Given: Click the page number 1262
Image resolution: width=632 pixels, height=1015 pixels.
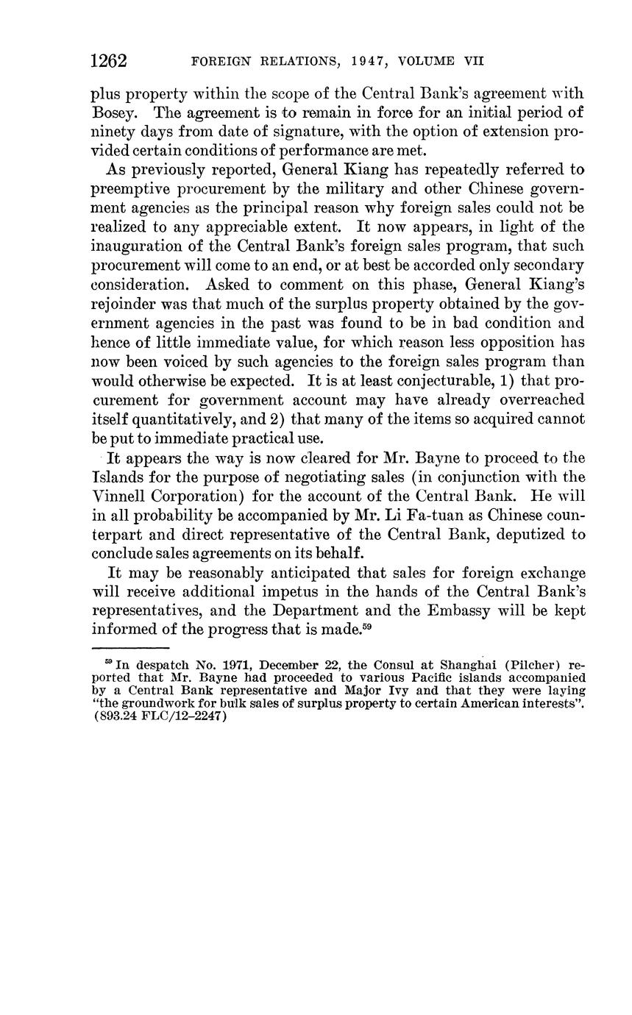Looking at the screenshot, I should (108, 61).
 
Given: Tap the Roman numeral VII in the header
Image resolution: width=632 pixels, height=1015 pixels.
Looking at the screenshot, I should (473, 62).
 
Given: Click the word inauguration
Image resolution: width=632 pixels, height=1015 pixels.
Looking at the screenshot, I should (139, 246).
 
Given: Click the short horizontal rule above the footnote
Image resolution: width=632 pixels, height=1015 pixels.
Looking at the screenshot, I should (129, 648).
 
